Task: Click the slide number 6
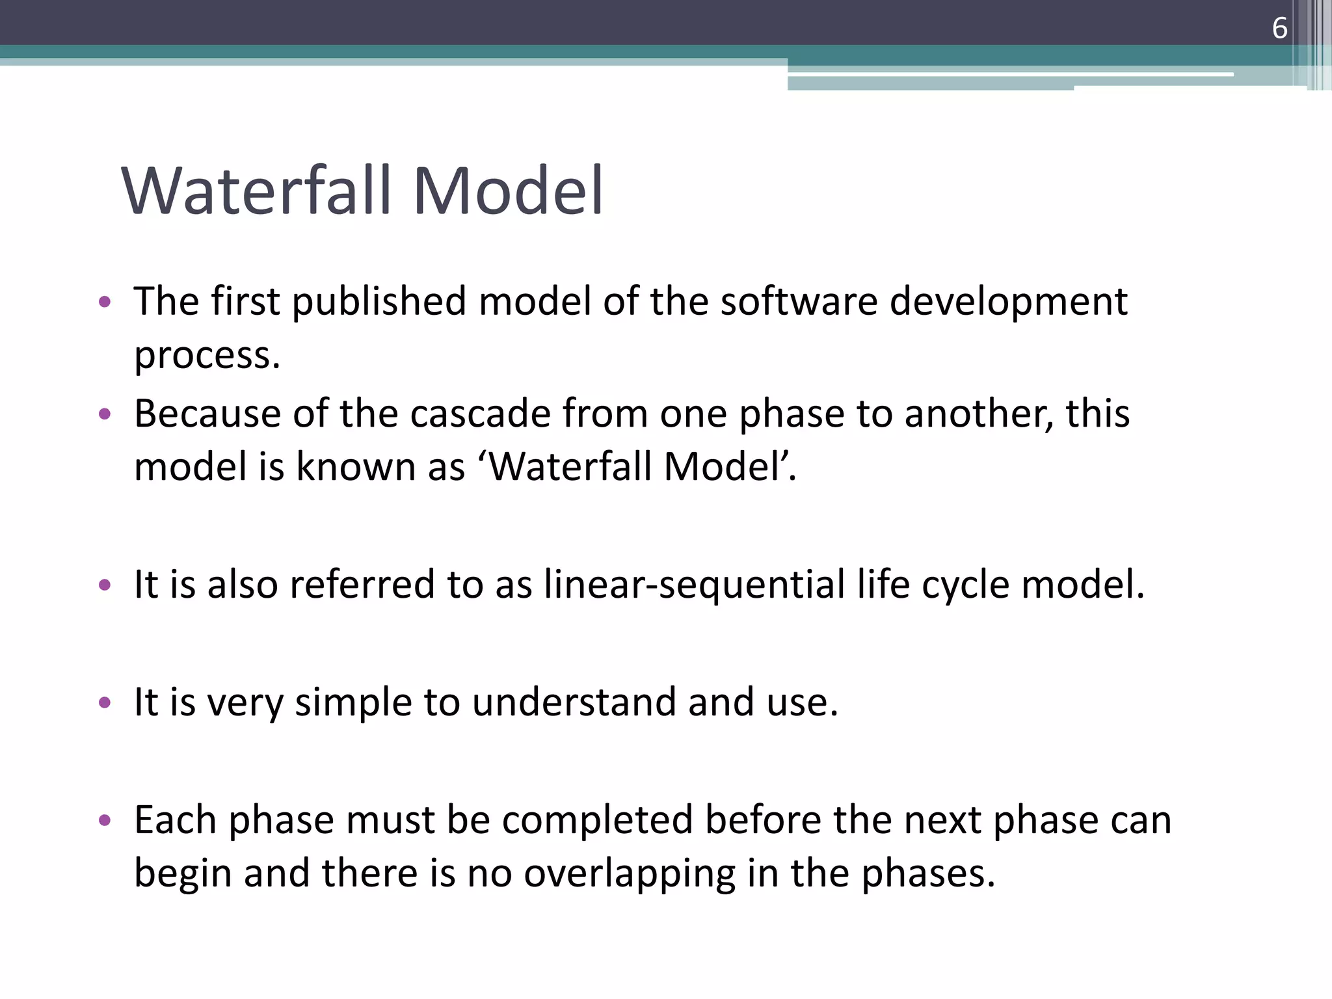click(x=1279, y=29)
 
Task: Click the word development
click(x=1007, y=303)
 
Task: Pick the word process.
click(x=207, y=356)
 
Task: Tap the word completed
click(x=596, y=821)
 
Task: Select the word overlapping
click(x=629, y=874)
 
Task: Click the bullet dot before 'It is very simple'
click(x=105, y=702)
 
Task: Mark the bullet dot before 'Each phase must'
click(x=105, y=820)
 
